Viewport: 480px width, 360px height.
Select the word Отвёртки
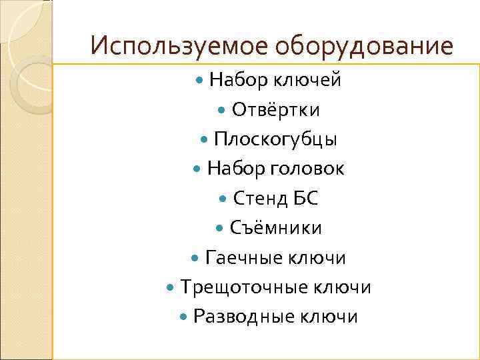point(276,110)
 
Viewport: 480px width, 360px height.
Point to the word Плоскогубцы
point(276,139)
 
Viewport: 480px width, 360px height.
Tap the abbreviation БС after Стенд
point(306,198)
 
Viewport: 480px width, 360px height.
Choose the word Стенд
point(261,198)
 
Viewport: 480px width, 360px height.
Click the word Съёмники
point(276,228)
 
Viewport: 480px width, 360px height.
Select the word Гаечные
point(244,257)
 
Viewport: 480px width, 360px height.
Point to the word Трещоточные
point(244,287)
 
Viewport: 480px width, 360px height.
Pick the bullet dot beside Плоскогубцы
point(205,140)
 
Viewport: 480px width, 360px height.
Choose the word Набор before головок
point(237,169)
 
